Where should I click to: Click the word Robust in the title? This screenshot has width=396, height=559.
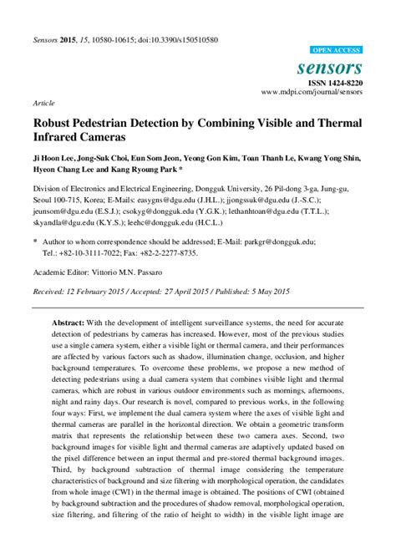53,122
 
